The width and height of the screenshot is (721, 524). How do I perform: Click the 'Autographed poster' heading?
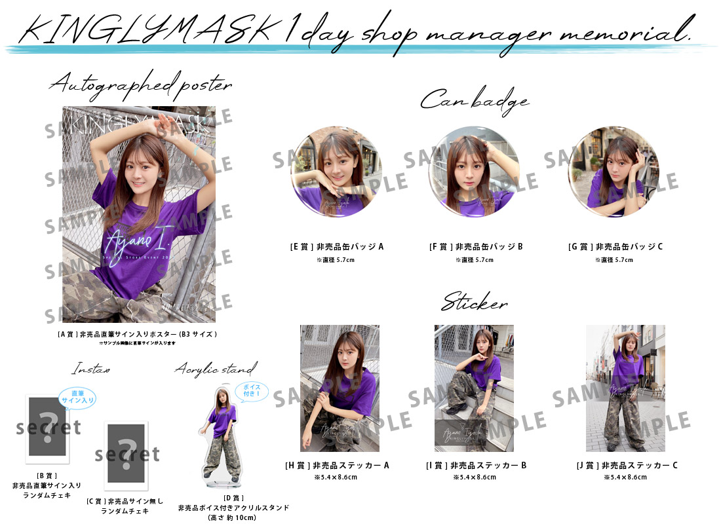[140, 85]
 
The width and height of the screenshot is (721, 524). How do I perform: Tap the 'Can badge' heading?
[474, 100]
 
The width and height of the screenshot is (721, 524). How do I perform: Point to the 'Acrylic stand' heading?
[216, 369]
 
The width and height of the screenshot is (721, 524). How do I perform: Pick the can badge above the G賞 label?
[613, 172]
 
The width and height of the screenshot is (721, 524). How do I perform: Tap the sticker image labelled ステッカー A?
[340, 388]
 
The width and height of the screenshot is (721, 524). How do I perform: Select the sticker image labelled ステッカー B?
[474, 388]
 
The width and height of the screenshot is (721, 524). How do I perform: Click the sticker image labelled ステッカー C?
[625, 388]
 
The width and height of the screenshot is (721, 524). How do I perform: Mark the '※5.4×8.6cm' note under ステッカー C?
[625, 477]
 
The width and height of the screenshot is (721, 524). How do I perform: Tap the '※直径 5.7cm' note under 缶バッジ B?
[475, 259]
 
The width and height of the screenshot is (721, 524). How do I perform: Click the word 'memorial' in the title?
[633, 31]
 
